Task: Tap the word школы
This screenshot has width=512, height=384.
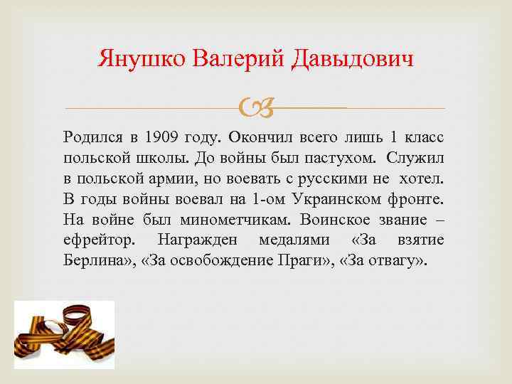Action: pyautogui.click(x=149, y=156)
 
